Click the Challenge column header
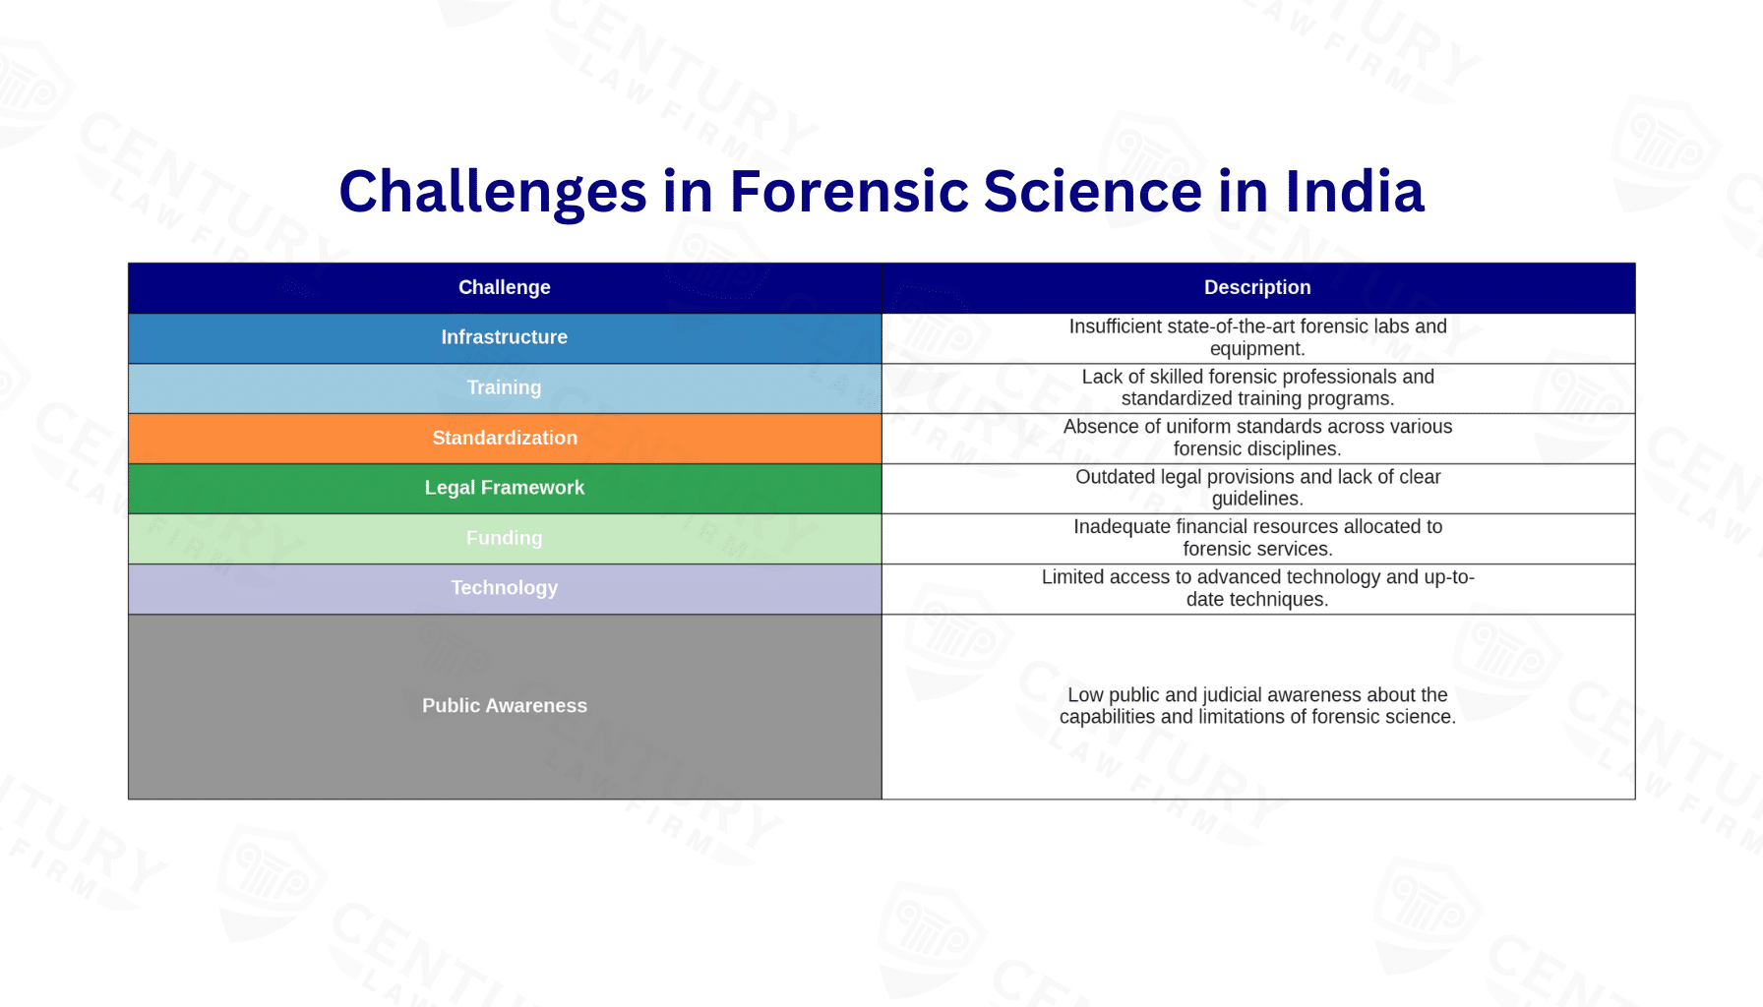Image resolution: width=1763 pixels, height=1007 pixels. click(504, 287)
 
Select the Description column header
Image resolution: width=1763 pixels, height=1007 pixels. click(1257, 287)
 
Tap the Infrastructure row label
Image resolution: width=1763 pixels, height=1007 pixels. click(504, 337)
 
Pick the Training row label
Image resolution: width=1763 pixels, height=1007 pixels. click(504, 387)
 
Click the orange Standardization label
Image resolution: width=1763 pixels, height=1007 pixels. click(504, 438)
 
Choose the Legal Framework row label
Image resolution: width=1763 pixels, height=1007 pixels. click(504, 488)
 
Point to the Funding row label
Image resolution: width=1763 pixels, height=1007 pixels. click(504, 538)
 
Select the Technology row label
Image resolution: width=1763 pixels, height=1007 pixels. click(504, 588)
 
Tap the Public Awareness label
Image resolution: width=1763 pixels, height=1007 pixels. click(504, 706)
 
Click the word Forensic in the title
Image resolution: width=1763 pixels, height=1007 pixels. click(847, 192)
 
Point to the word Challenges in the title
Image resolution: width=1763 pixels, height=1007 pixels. click(492, 192)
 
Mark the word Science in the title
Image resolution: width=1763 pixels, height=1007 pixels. click(1092, 192)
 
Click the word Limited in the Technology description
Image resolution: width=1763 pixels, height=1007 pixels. click(1073, 577)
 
